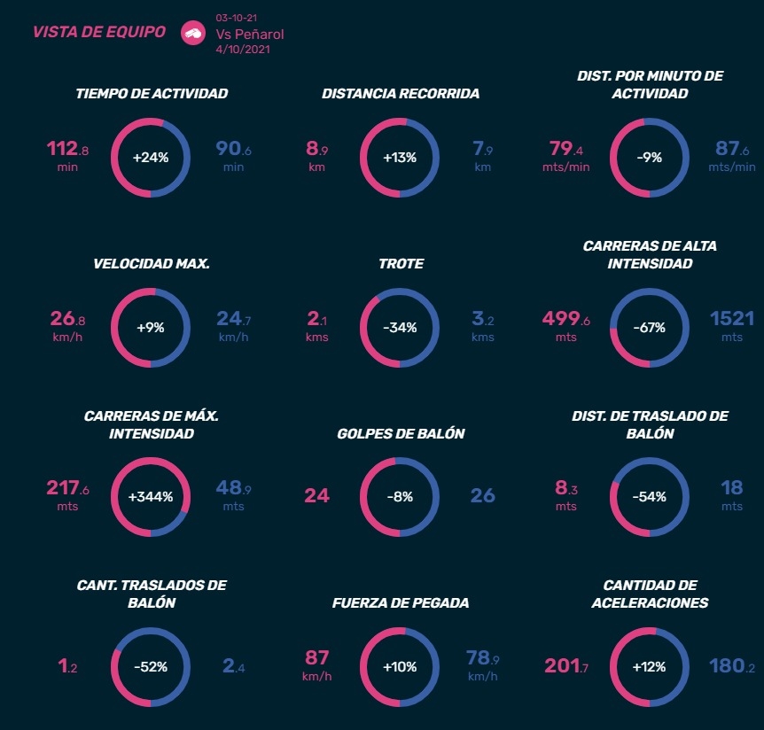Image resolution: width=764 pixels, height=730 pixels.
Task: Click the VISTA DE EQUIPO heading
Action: (x=98, y=32)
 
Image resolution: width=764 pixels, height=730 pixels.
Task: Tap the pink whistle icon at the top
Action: (x=192, y=33)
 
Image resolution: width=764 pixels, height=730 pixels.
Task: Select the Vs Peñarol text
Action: (x=250, y=35)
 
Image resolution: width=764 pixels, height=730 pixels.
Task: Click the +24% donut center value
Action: (x=150, y=158)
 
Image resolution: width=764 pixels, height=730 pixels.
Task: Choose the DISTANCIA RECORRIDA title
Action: (x=401, y=93)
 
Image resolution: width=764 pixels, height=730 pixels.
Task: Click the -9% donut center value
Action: (x=650, y=158)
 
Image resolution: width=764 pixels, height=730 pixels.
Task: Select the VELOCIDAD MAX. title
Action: (x=152, y=263)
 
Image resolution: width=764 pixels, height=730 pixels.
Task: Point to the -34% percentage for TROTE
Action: (x=400, y=327)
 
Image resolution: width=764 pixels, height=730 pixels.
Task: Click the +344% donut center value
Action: (x=150, y=497)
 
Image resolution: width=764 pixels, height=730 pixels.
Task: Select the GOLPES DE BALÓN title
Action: (x=401, y=433)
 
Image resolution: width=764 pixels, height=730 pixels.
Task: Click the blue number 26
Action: (x=482, y=495)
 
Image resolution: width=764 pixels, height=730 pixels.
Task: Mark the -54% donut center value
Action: (x=650, y=497)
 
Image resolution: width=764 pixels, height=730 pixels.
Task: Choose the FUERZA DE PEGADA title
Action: (x=401, y=602)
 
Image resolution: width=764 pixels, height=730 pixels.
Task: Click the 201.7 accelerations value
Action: (x=566, y=665)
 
